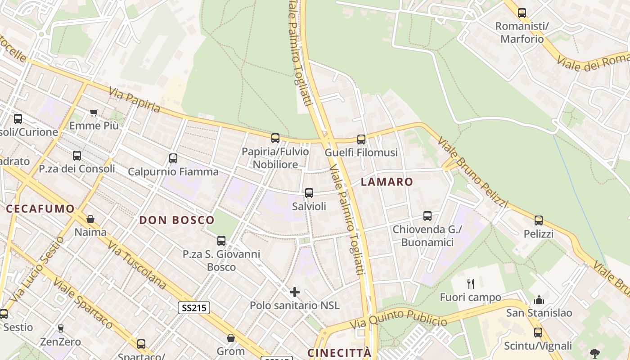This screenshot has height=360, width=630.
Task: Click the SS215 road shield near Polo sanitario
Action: coord(194,308)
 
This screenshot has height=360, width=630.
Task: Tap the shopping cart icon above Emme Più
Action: coord(94,112)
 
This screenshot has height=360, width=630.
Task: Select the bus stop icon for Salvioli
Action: coord(309,193)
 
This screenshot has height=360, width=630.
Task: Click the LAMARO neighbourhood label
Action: coord(387,182)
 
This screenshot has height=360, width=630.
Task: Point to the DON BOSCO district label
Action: coord(177,220)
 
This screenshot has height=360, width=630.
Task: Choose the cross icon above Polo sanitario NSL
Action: coord(295,292)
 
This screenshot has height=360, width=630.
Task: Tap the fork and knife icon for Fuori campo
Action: coord(471,284)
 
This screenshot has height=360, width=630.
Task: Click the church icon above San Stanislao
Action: coord(539,300)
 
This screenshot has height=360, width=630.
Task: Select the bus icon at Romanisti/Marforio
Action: coord(522,13)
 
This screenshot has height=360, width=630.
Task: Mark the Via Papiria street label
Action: coord(134,100)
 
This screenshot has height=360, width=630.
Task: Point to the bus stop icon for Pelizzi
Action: coord(539,220)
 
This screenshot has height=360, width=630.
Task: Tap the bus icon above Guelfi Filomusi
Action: coord(361,139)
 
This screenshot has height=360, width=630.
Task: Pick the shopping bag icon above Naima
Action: coord(90,219)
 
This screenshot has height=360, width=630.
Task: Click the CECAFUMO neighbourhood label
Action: coord(40,208)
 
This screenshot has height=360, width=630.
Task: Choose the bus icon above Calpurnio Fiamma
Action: coord(173,158)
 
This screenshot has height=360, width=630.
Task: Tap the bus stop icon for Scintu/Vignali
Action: coord(538,333)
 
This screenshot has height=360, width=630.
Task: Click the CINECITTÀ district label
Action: coord(340,352)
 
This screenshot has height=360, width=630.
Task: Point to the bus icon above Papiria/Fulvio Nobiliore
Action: coord(275,138)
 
